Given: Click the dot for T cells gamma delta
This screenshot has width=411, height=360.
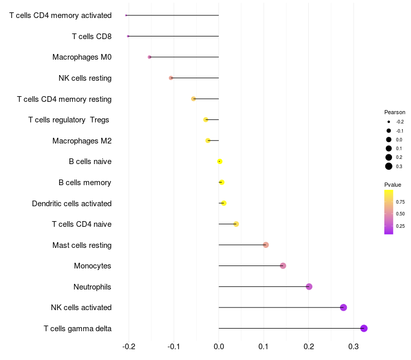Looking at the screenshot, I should point(364,328).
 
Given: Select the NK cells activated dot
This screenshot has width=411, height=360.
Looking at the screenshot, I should point(344,308).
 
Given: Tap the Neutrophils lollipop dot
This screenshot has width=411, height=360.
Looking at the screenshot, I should point(309,286).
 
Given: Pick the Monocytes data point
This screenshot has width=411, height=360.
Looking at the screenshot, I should point(283,265).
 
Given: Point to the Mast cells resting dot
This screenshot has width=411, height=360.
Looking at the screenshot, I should point(266,245).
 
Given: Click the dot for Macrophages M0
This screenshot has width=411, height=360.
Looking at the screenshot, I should point(150,57).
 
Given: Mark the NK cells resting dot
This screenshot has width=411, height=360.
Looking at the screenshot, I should point(171,78).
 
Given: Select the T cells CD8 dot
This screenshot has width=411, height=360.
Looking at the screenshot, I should point(128,36).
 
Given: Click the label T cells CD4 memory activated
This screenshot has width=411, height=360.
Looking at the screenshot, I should point(61,15).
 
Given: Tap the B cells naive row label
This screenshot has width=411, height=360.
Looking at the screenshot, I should point(90,161).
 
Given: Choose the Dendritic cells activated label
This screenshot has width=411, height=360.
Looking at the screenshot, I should point(72,203).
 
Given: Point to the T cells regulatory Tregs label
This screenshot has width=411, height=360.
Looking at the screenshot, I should point(69,120).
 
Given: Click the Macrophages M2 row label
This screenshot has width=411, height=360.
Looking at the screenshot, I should point(82,140).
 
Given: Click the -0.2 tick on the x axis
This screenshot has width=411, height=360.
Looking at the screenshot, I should point(128,348).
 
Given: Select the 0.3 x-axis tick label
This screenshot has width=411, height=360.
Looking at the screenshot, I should point(354,348).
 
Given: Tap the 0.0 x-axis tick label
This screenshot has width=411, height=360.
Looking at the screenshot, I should point(219,348).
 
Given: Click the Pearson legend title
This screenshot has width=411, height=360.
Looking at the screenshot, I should point(395,112).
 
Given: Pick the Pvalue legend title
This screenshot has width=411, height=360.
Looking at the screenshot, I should point(393,185).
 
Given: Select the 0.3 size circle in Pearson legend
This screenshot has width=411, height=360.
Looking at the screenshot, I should point(389,166).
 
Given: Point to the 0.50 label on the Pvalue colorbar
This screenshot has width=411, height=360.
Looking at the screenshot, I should point(400,213).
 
